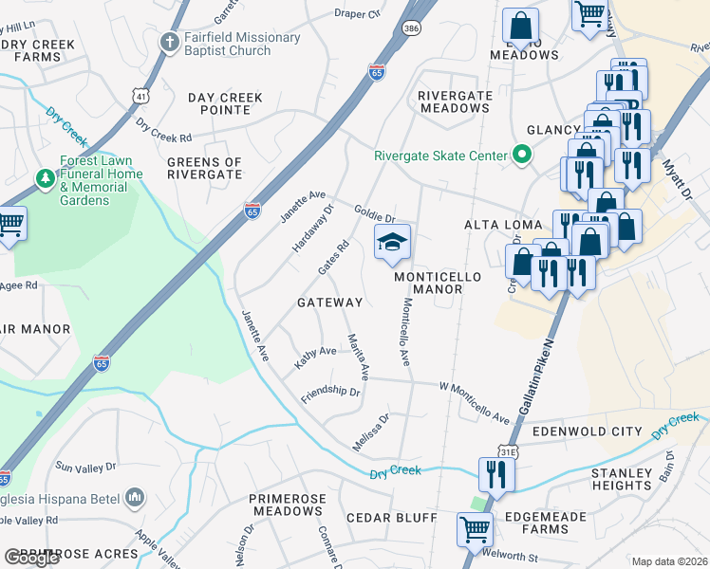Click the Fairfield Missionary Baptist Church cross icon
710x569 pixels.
(170, 42)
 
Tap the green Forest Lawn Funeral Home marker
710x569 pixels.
(44, 177)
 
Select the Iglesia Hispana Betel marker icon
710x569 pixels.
(135, 496)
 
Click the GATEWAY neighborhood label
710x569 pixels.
(330, 303)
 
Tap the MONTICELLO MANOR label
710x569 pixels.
(439, 283)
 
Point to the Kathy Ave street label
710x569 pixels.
(315, 358)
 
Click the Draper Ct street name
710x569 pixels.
(357, 13)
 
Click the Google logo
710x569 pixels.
(31, 558)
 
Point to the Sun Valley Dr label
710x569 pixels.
(85, 467)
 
